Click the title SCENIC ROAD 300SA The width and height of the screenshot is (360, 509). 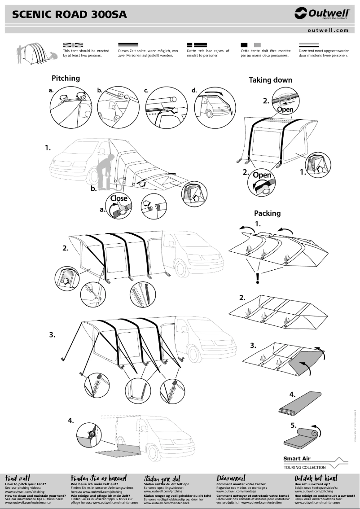tap(70, 15)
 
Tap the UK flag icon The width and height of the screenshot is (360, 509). tap(73, 45)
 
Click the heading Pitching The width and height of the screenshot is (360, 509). tap(66, 78)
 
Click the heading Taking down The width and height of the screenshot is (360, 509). tap(270, 80)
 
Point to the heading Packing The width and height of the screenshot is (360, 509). tap(267, 213)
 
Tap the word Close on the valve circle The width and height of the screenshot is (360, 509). tap(119, 198)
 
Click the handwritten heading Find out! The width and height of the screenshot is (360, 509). tap(18, 478)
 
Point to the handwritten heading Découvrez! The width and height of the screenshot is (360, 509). tap(231, 478)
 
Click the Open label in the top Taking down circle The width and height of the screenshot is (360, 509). tap(285, 110)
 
